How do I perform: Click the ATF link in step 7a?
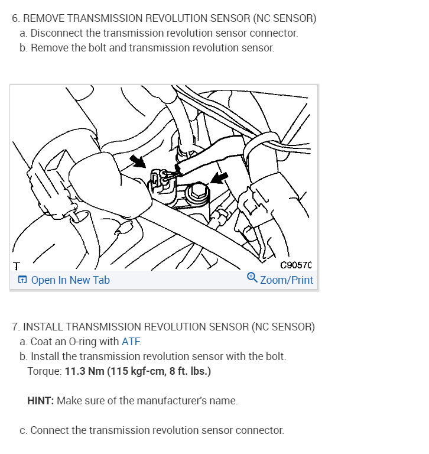[131, 342]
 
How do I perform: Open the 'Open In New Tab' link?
[70, 280]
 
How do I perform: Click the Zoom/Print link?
[287, 280]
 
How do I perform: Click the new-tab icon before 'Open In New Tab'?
[22, 280]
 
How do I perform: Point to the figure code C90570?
[295, 265]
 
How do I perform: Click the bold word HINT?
[41, 401]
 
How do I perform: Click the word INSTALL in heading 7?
[44, 327]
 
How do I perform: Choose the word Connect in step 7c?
[50, 430]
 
